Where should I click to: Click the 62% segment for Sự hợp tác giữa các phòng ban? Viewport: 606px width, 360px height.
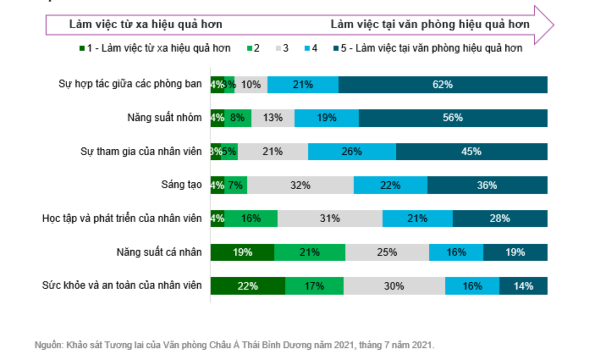pos(443,85)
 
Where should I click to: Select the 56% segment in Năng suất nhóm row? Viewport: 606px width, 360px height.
pos(453,118)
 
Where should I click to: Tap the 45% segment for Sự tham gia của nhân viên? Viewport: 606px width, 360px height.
pos(471,152)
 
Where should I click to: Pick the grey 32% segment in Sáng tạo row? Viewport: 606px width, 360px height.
pos(299,185)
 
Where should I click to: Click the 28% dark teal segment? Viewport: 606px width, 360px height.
pos(499,219)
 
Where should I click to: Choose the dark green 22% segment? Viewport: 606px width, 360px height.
pos(247,285)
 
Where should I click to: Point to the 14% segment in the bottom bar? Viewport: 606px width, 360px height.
pos(523,285)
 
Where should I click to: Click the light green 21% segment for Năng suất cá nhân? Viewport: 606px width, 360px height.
pos(310,252)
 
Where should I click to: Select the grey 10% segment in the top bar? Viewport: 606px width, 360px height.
pos(251,85)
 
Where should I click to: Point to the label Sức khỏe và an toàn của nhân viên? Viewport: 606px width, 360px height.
pos(123,285)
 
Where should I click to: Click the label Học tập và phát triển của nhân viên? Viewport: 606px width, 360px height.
pos(122,219)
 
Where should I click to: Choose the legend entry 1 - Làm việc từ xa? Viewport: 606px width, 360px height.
pos(157,49)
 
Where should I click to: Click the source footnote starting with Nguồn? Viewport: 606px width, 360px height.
pos(234,345)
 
